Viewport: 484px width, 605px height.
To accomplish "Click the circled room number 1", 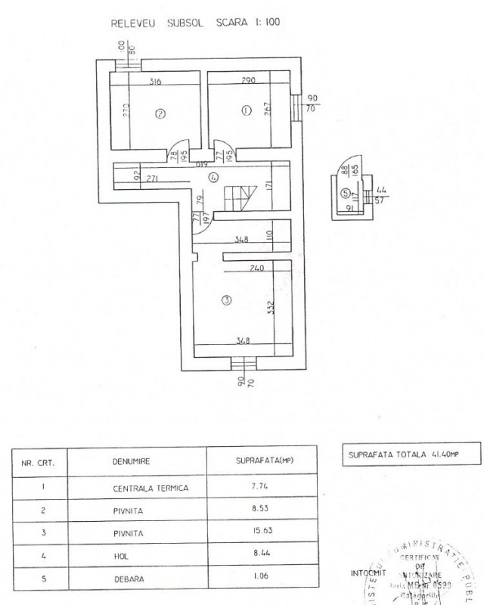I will tap(244, 110).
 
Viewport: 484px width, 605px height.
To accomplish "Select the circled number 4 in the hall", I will tap(214, 177).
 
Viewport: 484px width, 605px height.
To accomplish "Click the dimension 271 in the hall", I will tap(151, 179).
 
